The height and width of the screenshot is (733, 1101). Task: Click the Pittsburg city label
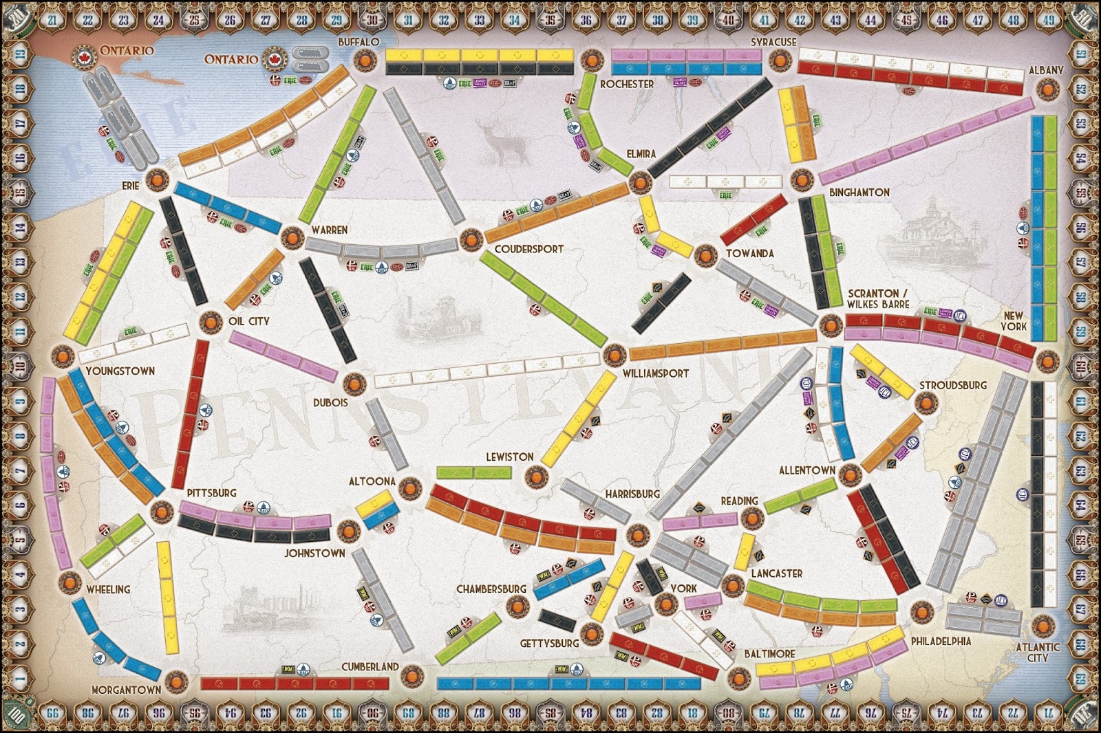click(x=211, y=493)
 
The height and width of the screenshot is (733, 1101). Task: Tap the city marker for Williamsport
click(x=612, y=355)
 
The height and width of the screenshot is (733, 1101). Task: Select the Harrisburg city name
click(x=632, y=494)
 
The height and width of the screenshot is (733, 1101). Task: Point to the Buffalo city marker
click(x=363, y=61)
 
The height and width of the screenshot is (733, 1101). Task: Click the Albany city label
click(x=1046, y=70)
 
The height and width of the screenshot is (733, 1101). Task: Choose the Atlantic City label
click(x=1038, y=652)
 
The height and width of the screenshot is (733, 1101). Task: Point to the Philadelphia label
click(x=941, y=641)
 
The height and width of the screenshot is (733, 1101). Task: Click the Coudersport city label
click(x=528, y=249)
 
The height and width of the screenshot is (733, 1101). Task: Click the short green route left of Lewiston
click(x=474, y=472)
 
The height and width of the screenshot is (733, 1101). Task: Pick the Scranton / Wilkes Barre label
click(x=878, y=298)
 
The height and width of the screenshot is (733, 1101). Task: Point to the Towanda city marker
click(x=705, y=255)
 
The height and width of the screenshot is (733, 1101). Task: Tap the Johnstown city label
click(x=315, y=553)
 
